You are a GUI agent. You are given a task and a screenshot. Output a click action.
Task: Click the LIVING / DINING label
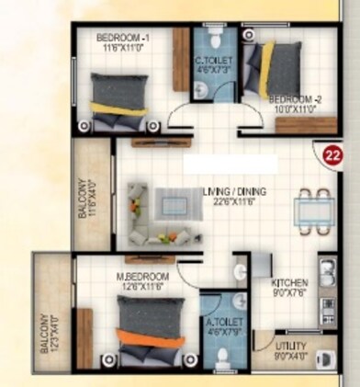233,191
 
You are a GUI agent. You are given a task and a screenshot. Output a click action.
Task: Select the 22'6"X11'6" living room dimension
233,201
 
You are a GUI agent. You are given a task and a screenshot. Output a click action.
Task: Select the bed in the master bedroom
147,327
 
